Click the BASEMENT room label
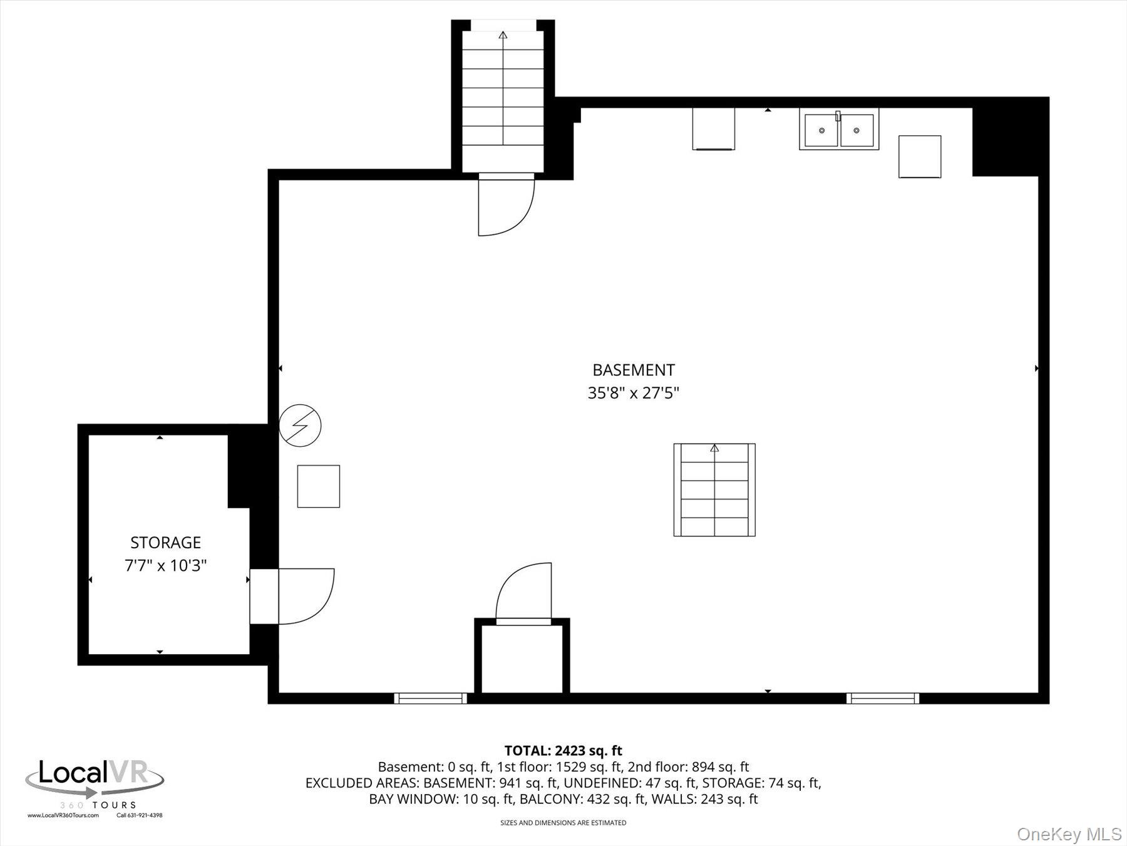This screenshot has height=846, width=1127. point(633,370)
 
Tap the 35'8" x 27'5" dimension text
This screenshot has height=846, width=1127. point(633,394)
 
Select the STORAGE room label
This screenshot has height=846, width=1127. point(165,543)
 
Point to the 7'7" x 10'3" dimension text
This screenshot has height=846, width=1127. point(165,566)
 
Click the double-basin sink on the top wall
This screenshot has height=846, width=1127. point(838,130)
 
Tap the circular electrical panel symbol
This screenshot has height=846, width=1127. point(300,426)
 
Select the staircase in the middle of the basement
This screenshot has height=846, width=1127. point(714,490)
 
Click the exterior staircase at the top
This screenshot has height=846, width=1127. point(503,94)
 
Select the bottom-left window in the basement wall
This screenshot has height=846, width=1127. point(430,698)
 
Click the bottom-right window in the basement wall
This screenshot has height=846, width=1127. point(882,698)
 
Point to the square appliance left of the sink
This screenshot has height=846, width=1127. point(713,129)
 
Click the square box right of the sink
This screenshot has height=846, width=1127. point(919,157)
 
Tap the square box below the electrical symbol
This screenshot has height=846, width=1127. point(318,486)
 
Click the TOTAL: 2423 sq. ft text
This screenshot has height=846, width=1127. point(563,750)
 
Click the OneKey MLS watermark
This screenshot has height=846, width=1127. point(1069,834)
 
